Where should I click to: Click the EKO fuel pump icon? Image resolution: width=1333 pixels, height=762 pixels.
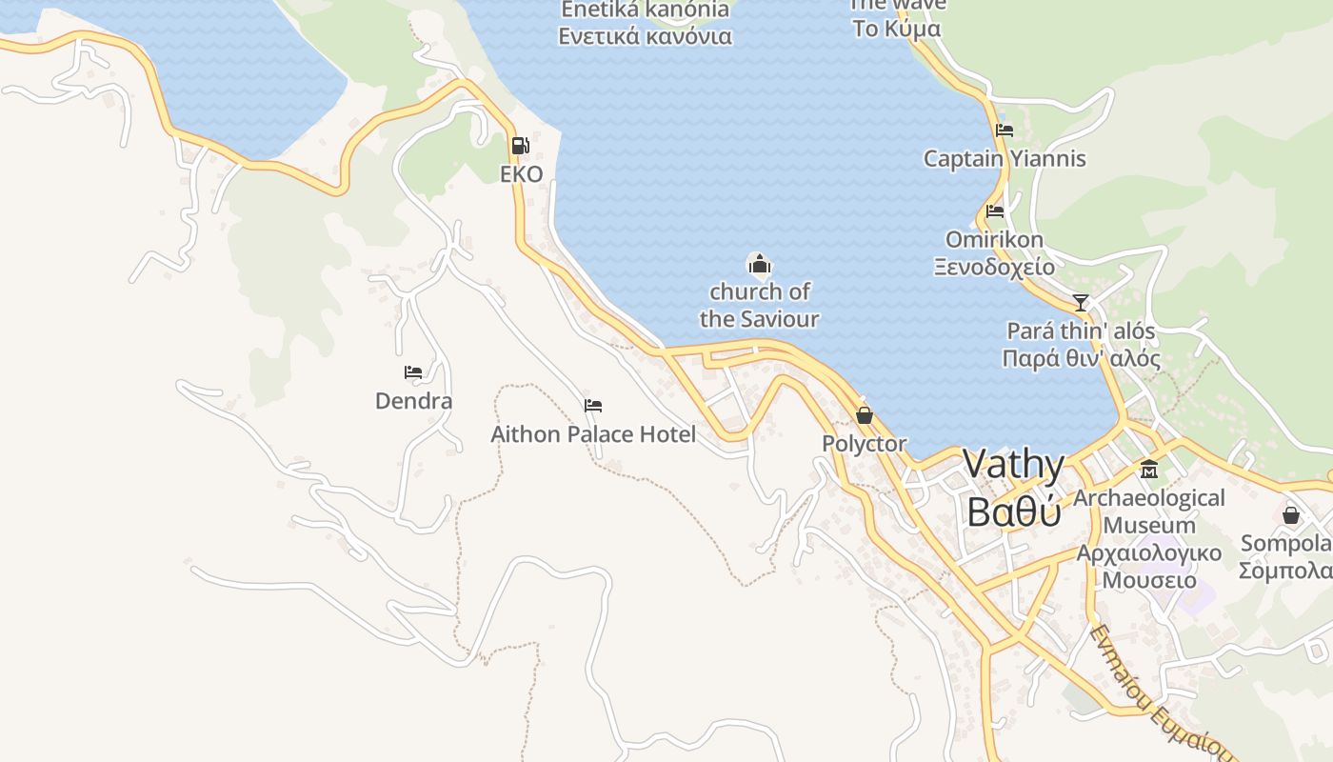521,146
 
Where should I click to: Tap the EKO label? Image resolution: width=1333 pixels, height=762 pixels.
522,174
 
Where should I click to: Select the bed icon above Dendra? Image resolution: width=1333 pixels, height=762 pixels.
413,372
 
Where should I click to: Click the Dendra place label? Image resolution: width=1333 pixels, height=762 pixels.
413,401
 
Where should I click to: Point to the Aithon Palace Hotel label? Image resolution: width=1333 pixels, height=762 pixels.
593,434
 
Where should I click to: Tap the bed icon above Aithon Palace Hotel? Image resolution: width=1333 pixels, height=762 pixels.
593,406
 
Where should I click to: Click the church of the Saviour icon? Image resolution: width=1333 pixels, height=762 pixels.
759,264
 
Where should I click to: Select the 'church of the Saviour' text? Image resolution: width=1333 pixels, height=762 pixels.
759,305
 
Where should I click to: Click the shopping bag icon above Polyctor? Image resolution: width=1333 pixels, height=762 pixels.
865,415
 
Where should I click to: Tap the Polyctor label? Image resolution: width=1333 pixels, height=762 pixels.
865,444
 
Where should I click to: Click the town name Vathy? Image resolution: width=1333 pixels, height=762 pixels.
1013,465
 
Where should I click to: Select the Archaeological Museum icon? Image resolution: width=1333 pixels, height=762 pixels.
1149,470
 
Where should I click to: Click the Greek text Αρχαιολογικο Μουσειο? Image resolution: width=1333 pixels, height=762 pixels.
1149,567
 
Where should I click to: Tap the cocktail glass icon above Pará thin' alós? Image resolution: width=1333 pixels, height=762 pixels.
1081,303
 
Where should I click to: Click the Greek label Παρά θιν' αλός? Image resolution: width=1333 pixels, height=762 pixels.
1081,359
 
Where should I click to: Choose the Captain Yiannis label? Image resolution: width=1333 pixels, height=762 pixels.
1005,159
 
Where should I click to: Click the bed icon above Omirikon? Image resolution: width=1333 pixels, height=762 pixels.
995,211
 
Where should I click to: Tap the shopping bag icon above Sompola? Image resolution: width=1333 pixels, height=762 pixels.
1291,515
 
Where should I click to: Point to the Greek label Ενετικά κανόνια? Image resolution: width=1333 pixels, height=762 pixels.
645,37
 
